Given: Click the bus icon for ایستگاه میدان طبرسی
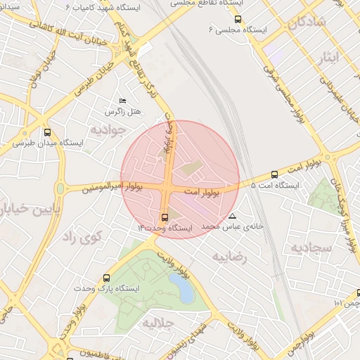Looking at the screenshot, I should coord(47,131).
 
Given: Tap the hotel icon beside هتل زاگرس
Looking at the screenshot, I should coord(123,101).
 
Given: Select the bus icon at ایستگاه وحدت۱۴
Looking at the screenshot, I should coord(165,217).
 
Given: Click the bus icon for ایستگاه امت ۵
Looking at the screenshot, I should coord(274,174).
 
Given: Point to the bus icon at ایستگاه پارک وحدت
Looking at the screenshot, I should coord(106,278).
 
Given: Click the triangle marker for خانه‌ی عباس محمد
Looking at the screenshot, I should coord(233,216).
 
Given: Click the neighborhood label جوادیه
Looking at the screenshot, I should coord(111,129).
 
